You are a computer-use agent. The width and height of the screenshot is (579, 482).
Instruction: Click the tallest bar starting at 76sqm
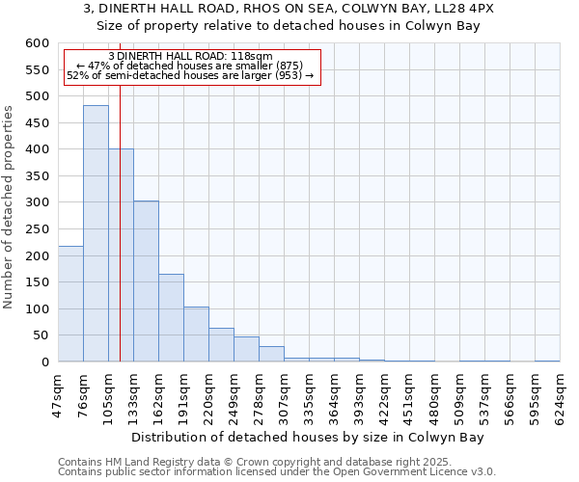tap(96, 233)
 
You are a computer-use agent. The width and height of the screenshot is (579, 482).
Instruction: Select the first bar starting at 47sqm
tap(70, 304)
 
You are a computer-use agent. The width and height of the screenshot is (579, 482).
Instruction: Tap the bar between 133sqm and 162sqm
tap(146, 281)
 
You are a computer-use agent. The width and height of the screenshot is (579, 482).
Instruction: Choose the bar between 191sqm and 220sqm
tap(196, 334)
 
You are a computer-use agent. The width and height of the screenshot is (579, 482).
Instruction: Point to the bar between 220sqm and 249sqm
tap(221, 344)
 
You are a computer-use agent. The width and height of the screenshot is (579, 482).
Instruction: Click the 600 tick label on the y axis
tap(37, 43)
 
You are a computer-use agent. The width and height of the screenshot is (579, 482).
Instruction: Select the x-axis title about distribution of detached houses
tap(307, 437)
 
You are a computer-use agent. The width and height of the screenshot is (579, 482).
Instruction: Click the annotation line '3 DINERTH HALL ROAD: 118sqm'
tap(190, 57)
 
